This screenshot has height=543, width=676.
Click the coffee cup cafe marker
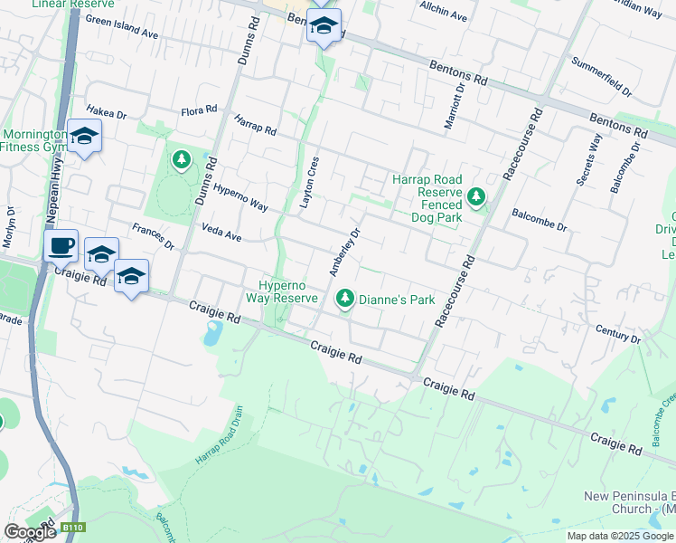(x=61, y=245)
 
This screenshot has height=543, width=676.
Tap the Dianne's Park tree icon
(x=344, y=299)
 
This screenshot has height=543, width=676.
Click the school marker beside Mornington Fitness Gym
(x=84, y=137)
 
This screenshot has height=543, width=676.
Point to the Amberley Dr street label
(x=344, y=252)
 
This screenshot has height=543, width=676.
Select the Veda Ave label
(x=221, y=233)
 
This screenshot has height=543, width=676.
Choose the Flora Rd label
(x=199, y=110)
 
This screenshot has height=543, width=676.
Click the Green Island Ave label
(x=122, y=28)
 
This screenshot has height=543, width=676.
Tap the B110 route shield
(x=72, y=527)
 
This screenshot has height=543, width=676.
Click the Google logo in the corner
(x=30, y=532)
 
